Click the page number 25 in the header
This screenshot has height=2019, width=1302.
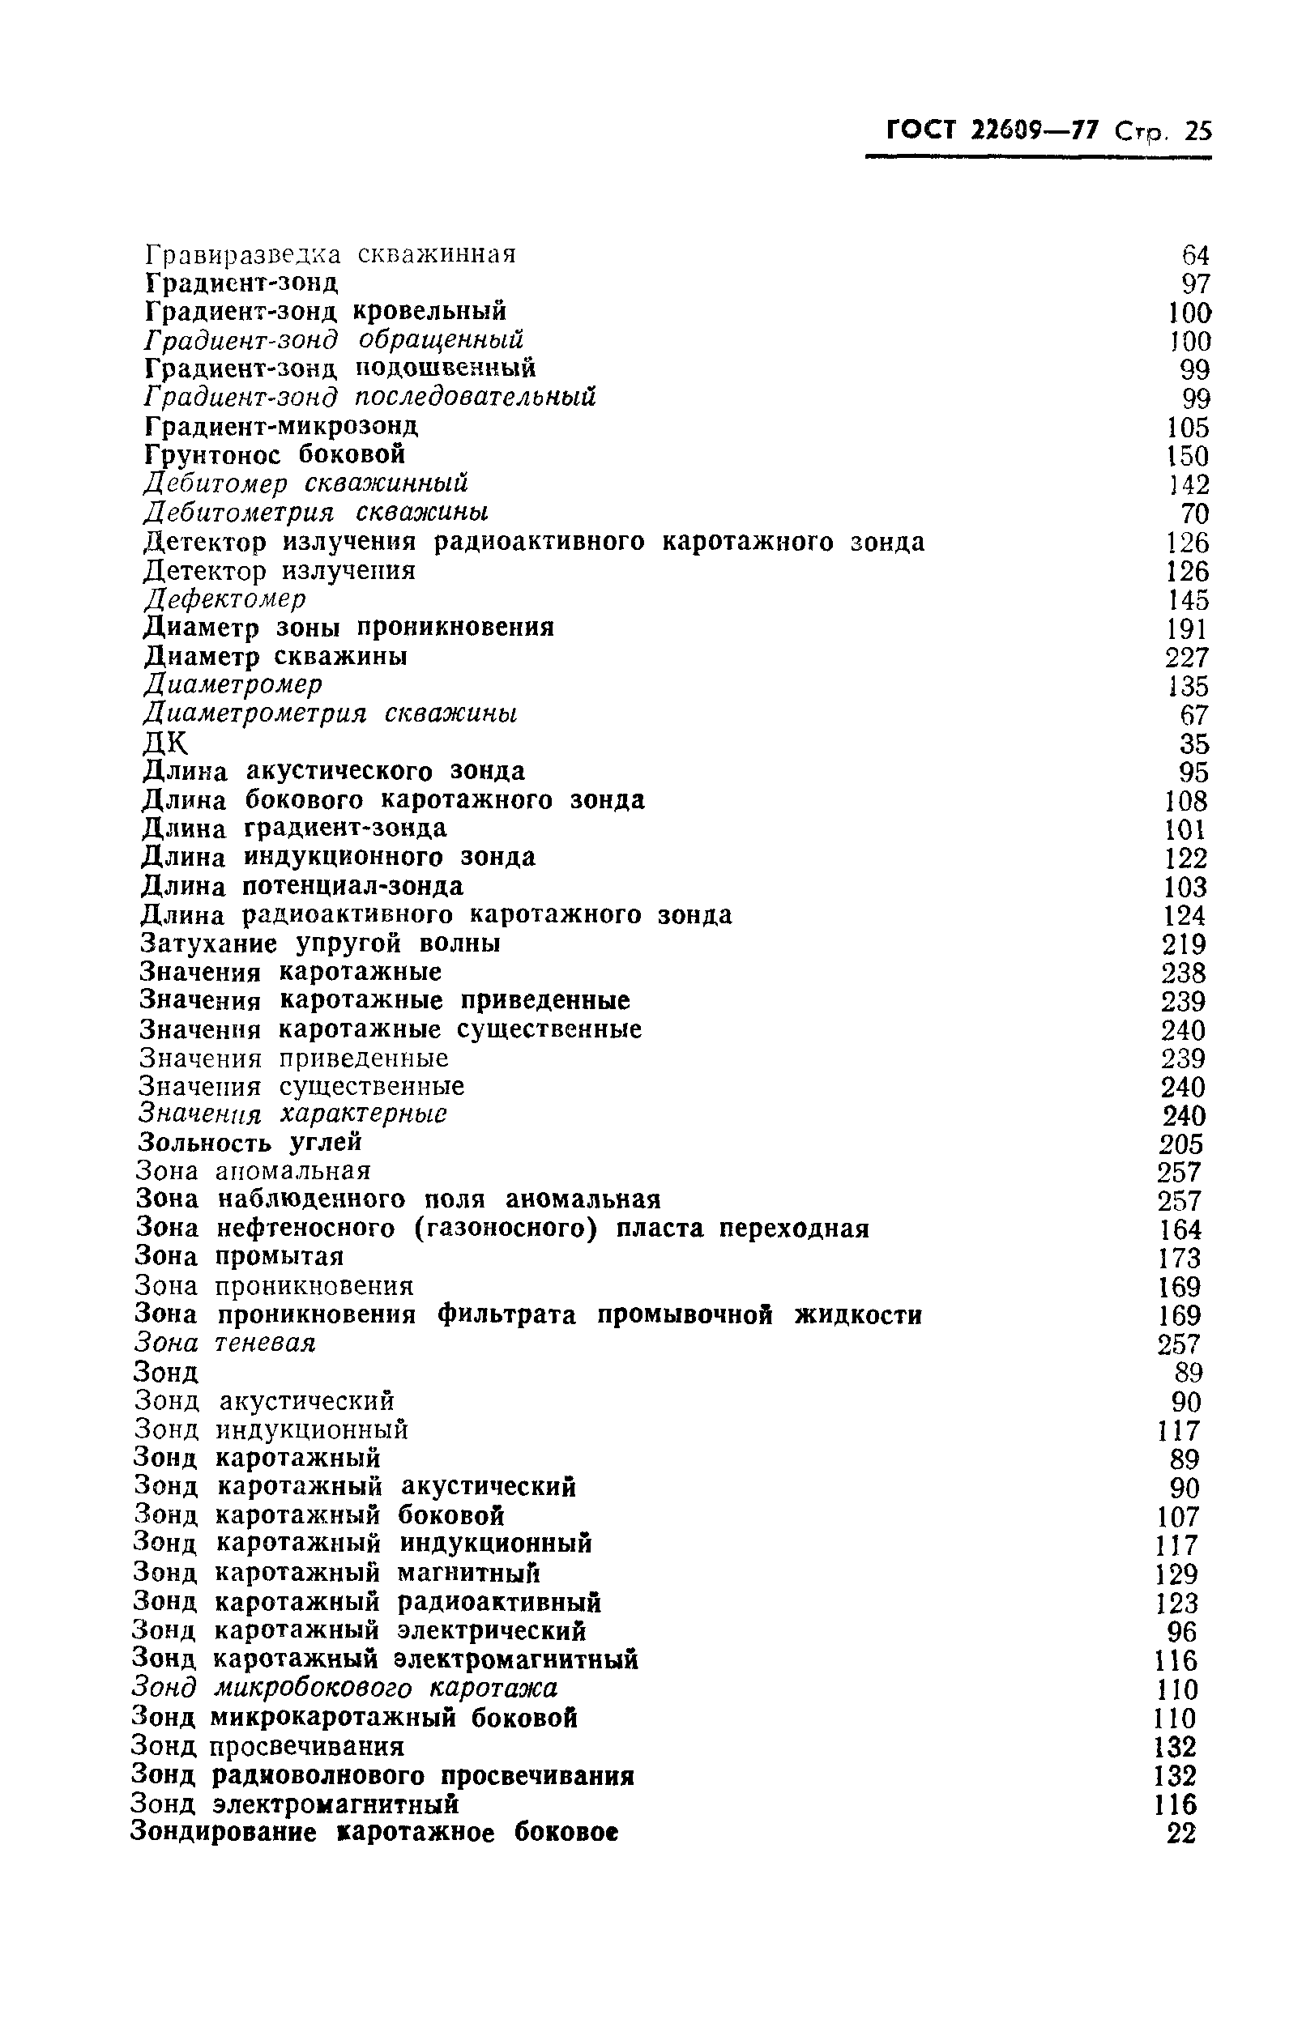tap(1198, 131)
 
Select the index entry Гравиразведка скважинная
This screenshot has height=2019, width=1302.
tap(331, 254)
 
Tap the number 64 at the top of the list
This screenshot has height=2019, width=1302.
tap(1196, 255)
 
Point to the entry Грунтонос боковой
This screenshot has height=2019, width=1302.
tap(275, 454)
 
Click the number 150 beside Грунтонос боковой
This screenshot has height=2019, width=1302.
tap(1188, 457)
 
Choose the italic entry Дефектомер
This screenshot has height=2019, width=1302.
tap(225, 599)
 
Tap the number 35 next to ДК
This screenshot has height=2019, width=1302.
tap(1193, 743)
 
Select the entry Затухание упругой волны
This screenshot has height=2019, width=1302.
tap(320, 943)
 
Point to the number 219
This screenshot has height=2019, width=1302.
tap(1184, 944)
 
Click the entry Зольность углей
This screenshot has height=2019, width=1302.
tap(250, 1143)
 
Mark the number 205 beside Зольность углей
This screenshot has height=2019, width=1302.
tap(1181, 1144)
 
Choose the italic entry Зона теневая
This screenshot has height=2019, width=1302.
tap(225, 1343)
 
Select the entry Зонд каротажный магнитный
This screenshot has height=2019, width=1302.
tap(336, 1573)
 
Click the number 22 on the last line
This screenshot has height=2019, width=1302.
tap(1182, 1834)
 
